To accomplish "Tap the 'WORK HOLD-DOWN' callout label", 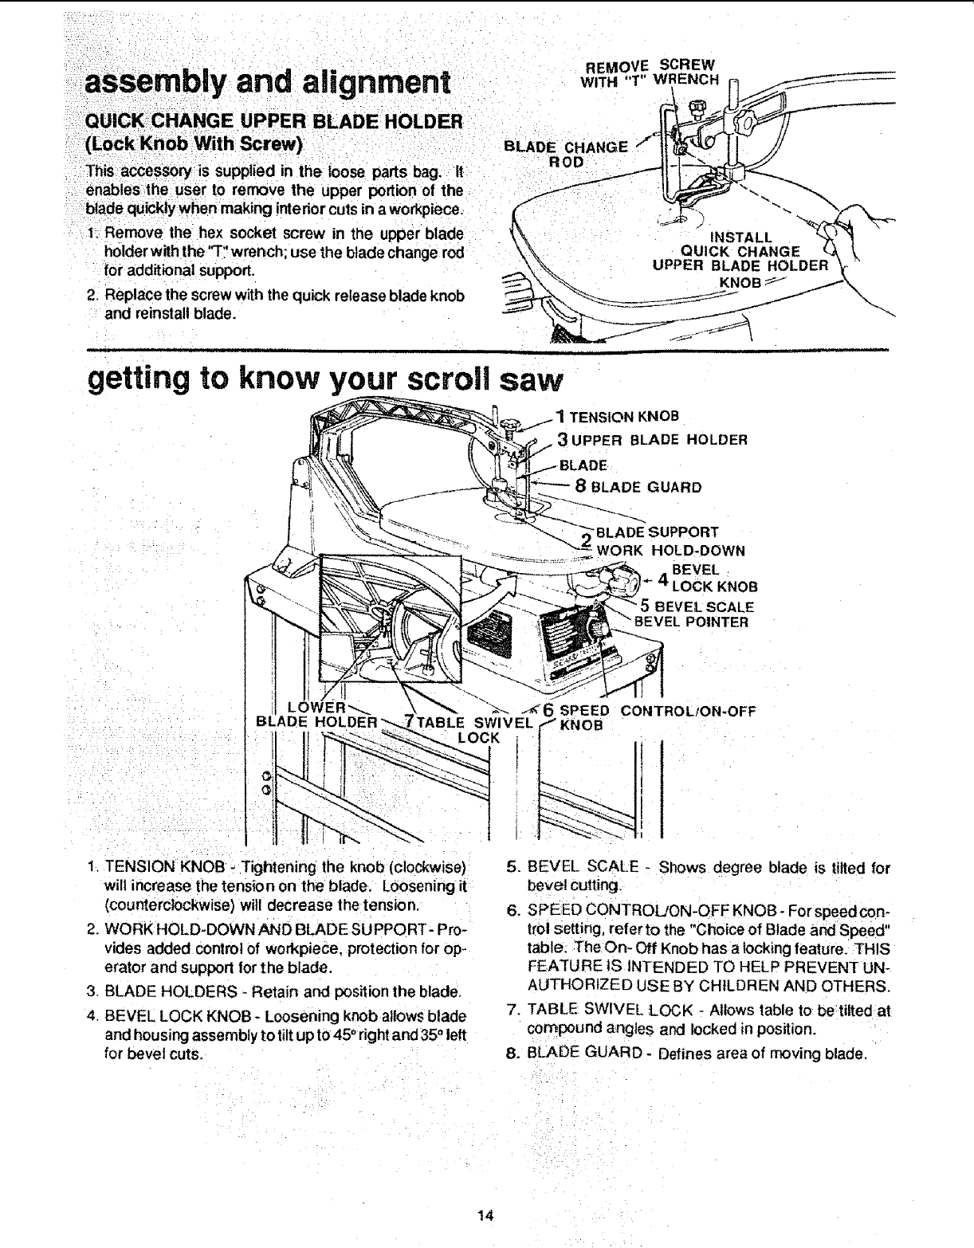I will pos(674,550).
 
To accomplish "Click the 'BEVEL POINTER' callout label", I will pos(691,622).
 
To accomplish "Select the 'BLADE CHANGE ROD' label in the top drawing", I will pos(568,154).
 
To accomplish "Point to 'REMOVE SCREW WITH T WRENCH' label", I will pos(651,71).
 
